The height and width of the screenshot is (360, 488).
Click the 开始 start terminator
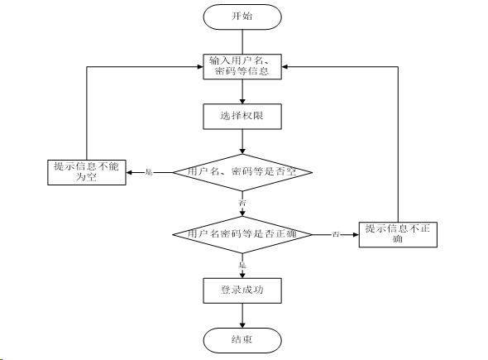click(x=242, y=17)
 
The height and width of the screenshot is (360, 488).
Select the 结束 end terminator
click(x=242, y=340)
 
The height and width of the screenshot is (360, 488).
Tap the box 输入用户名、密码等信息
click(x=242, y=66)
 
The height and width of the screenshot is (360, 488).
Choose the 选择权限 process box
click(x=242, y=116)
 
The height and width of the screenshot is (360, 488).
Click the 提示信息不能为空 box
click(x=86, y=172)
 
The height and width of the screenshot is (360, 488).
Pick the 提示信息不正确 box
click(x=398, y=234)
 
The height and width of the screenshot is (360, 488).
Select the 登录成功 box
click(x=242, y=290)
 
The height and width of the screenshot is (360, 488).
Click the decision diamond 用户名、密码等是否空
click(x=242, y=172)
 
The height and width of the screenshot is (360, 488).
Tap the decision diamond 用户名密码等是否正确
click(x=242, y=234)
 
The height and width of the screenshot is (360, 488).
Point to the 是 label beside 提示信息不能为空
click(x=149, y=172)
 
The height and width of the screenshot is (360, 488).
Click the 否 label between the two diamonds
click(x=242, y=202)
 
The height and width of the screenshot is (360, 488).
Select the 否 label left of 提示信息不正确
click(x=336, y=235)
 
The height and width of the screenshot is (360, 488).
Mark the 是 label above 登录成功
click(x=242, y=264)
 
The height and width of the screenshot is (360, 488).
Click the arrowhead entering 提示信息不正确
click(x=355, y=234)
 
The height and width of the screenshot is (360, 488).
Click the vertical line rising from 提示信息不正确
click(x=398, y=141)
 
